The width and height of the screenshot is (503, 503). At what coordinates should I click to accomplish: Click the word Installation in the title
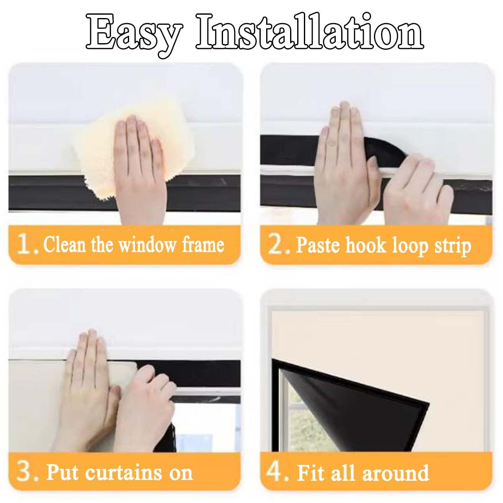[x=310, y=31]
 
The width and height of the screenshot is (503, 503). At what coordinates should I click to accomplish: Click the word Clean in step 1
[x=65, y=244]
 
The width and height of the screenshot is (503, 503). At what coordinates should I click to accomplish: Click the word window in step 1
[x=147, y=244]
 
